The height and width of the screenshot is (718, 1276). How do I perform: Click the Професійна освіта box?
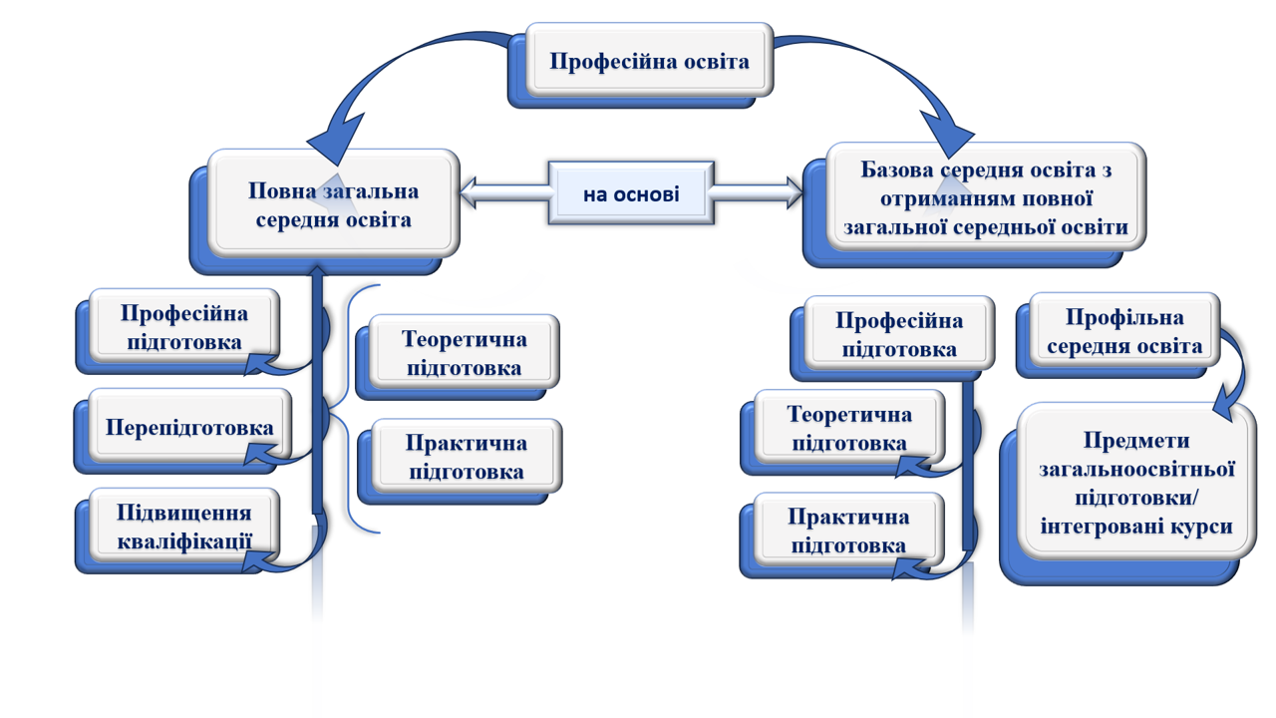(x=649, y=61)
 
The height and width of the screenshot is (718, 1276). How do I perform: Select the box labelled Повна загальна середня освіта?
(x=333, y=204)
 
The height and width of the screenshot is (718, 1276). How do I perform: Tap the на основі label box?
(x=631, y=193)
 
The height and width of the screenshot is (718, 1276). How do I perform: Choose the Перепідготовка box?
(x=189, y=428)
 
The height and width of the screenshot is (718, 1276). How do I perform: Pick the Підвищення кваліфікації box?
(x=184, y=527)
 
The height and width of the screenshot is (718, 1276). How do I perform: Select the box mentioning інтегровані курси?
(x=1136, y=483)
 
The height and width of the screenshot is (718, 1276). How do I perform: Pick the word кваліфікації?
(x=184, y=541)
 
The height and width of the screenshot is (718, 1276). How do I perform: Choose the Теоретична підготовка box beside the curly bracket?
(x=464, y=353)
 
